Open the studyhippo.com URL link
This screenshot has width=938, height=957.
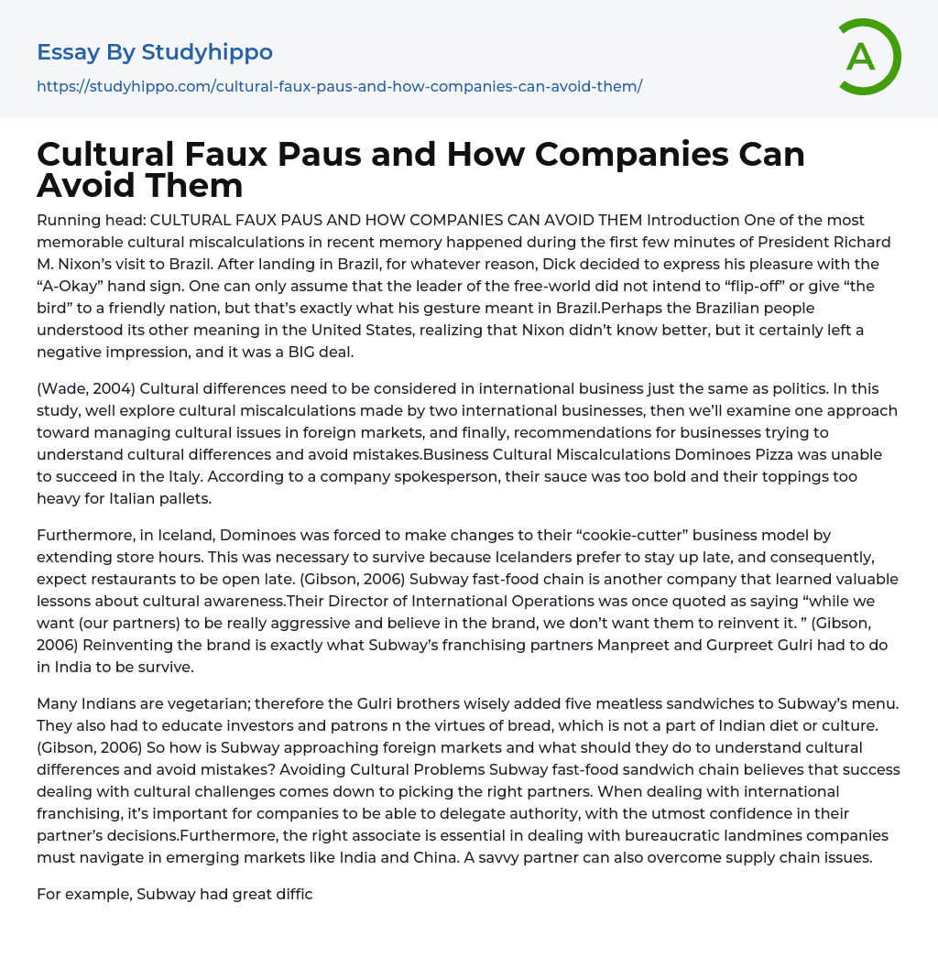[339, 86]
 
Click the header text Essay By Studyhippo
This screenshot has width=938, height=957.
[155, 52]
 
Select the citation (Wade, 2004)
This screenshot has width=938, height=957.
[87, 388]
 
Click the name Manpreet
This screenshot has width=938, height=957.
[646, 645]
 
